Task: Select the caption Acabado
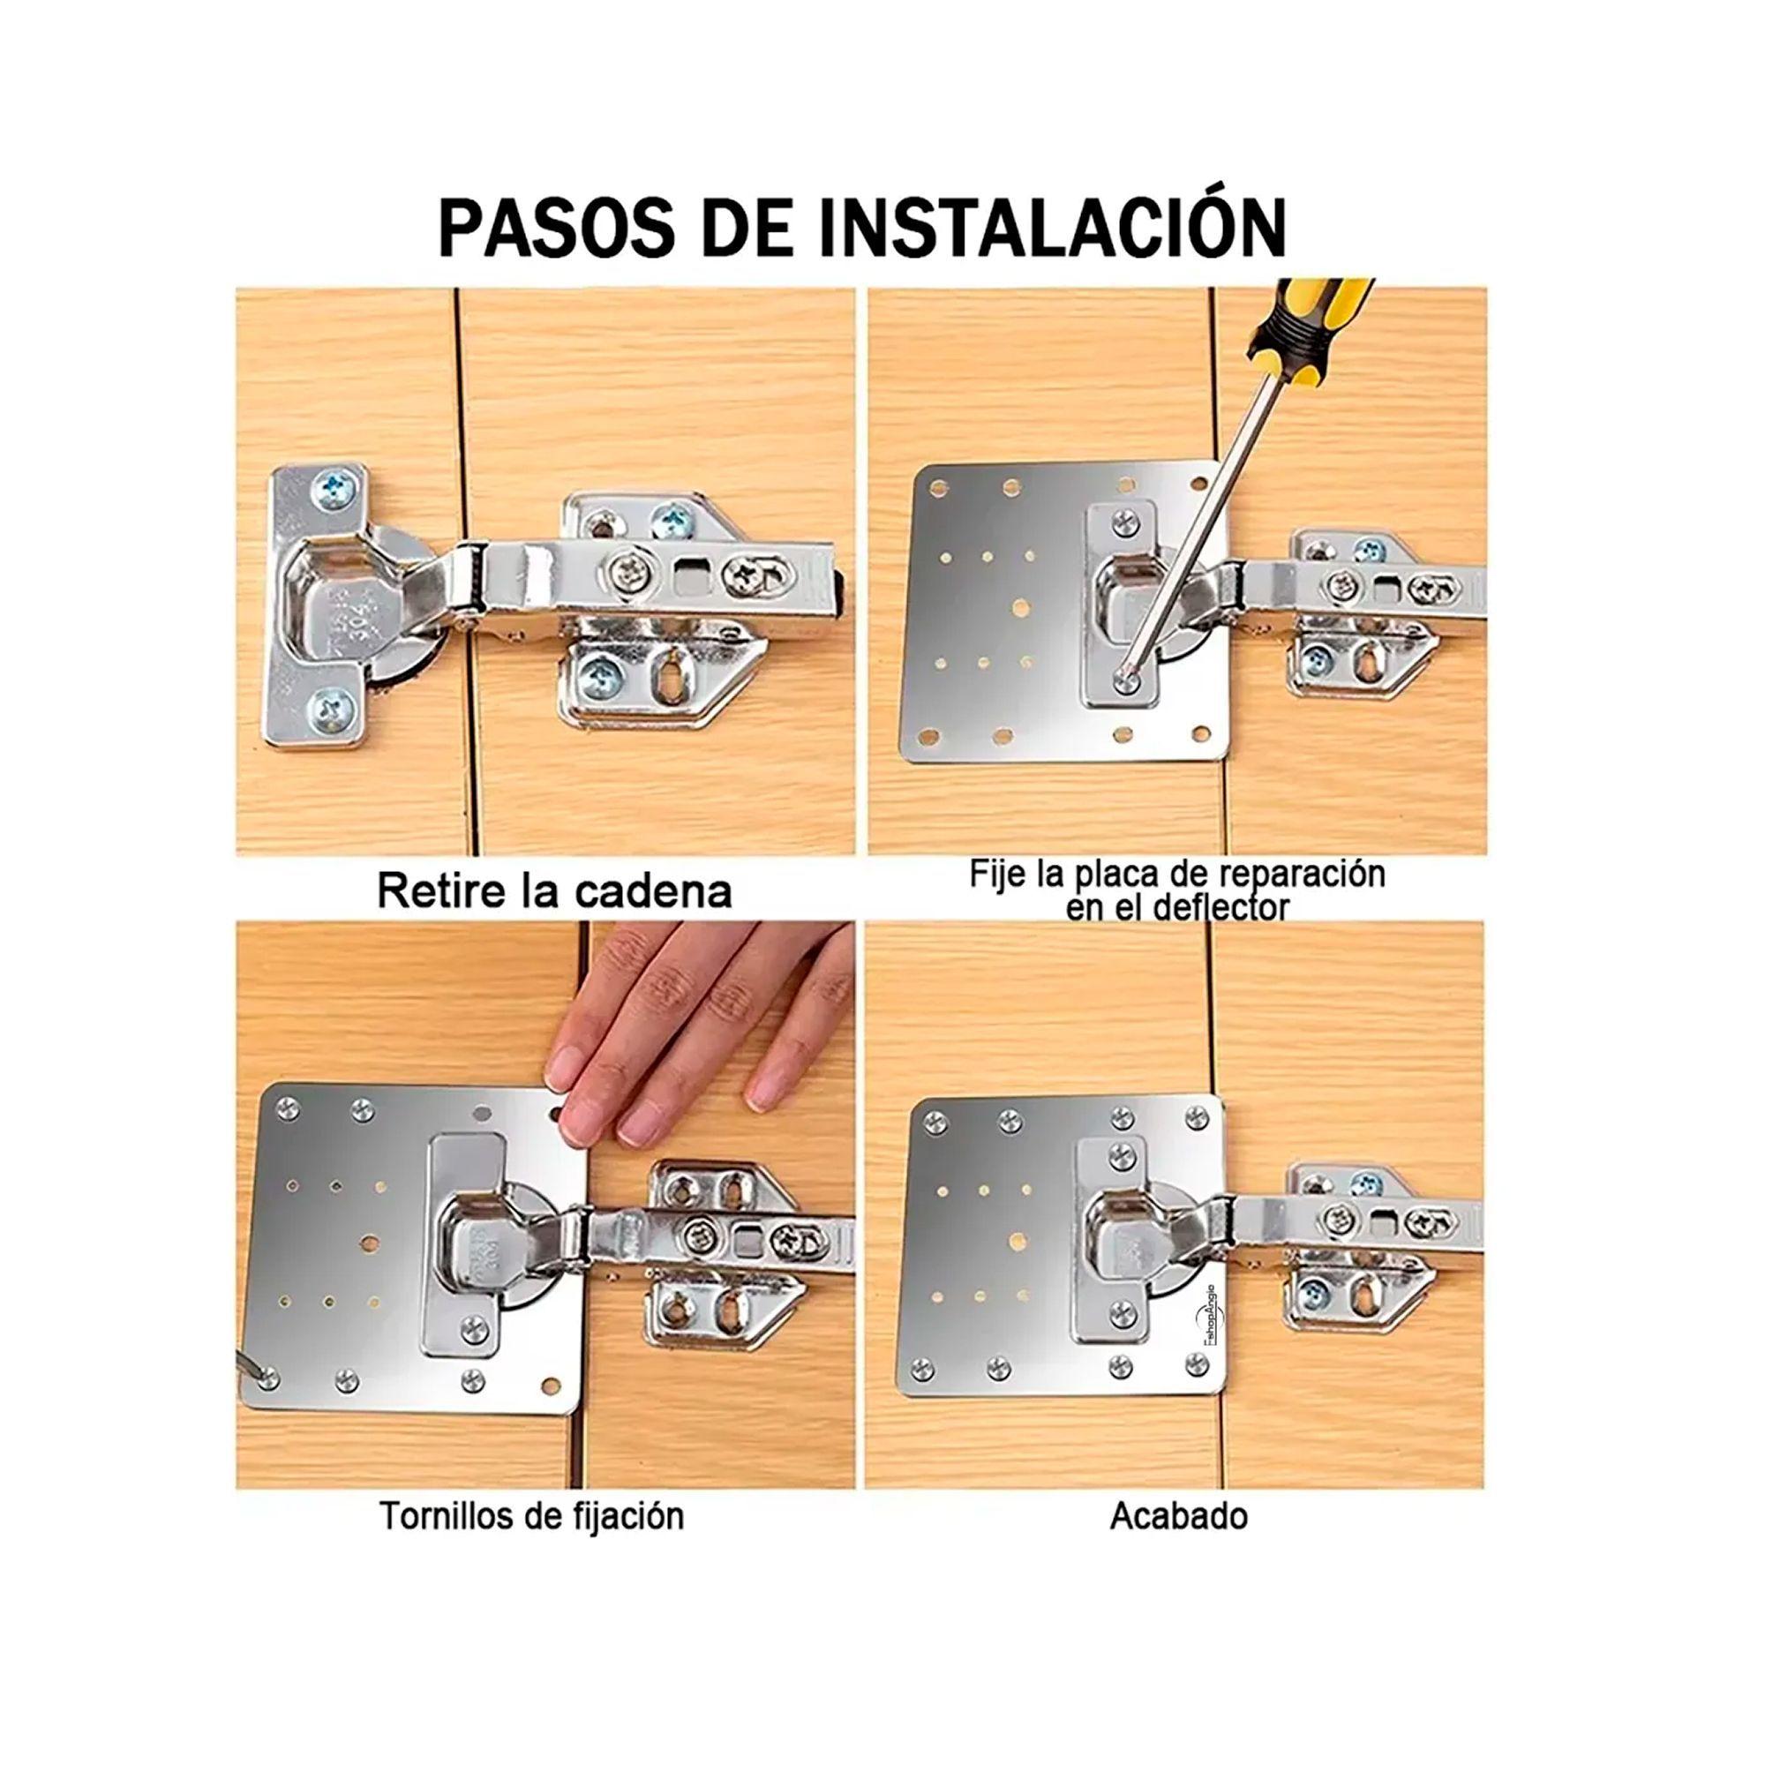[x=1178, y=1515]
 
